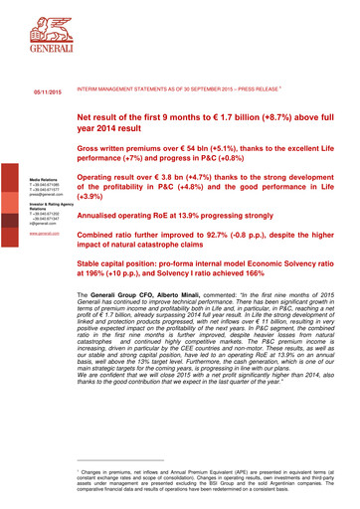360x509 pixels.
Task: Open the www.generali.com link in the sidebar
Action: coord(45,232)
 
